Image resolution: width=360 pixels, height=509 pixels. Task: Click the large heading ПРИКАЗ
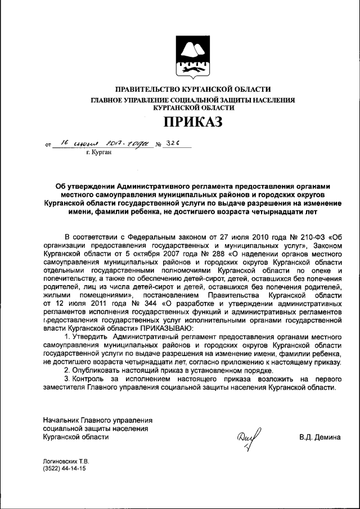pos(193,121)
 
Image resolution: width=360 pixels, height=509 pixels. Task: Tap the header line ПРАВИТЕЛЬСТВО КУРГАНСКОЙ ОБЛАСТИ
pos(193,89)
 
